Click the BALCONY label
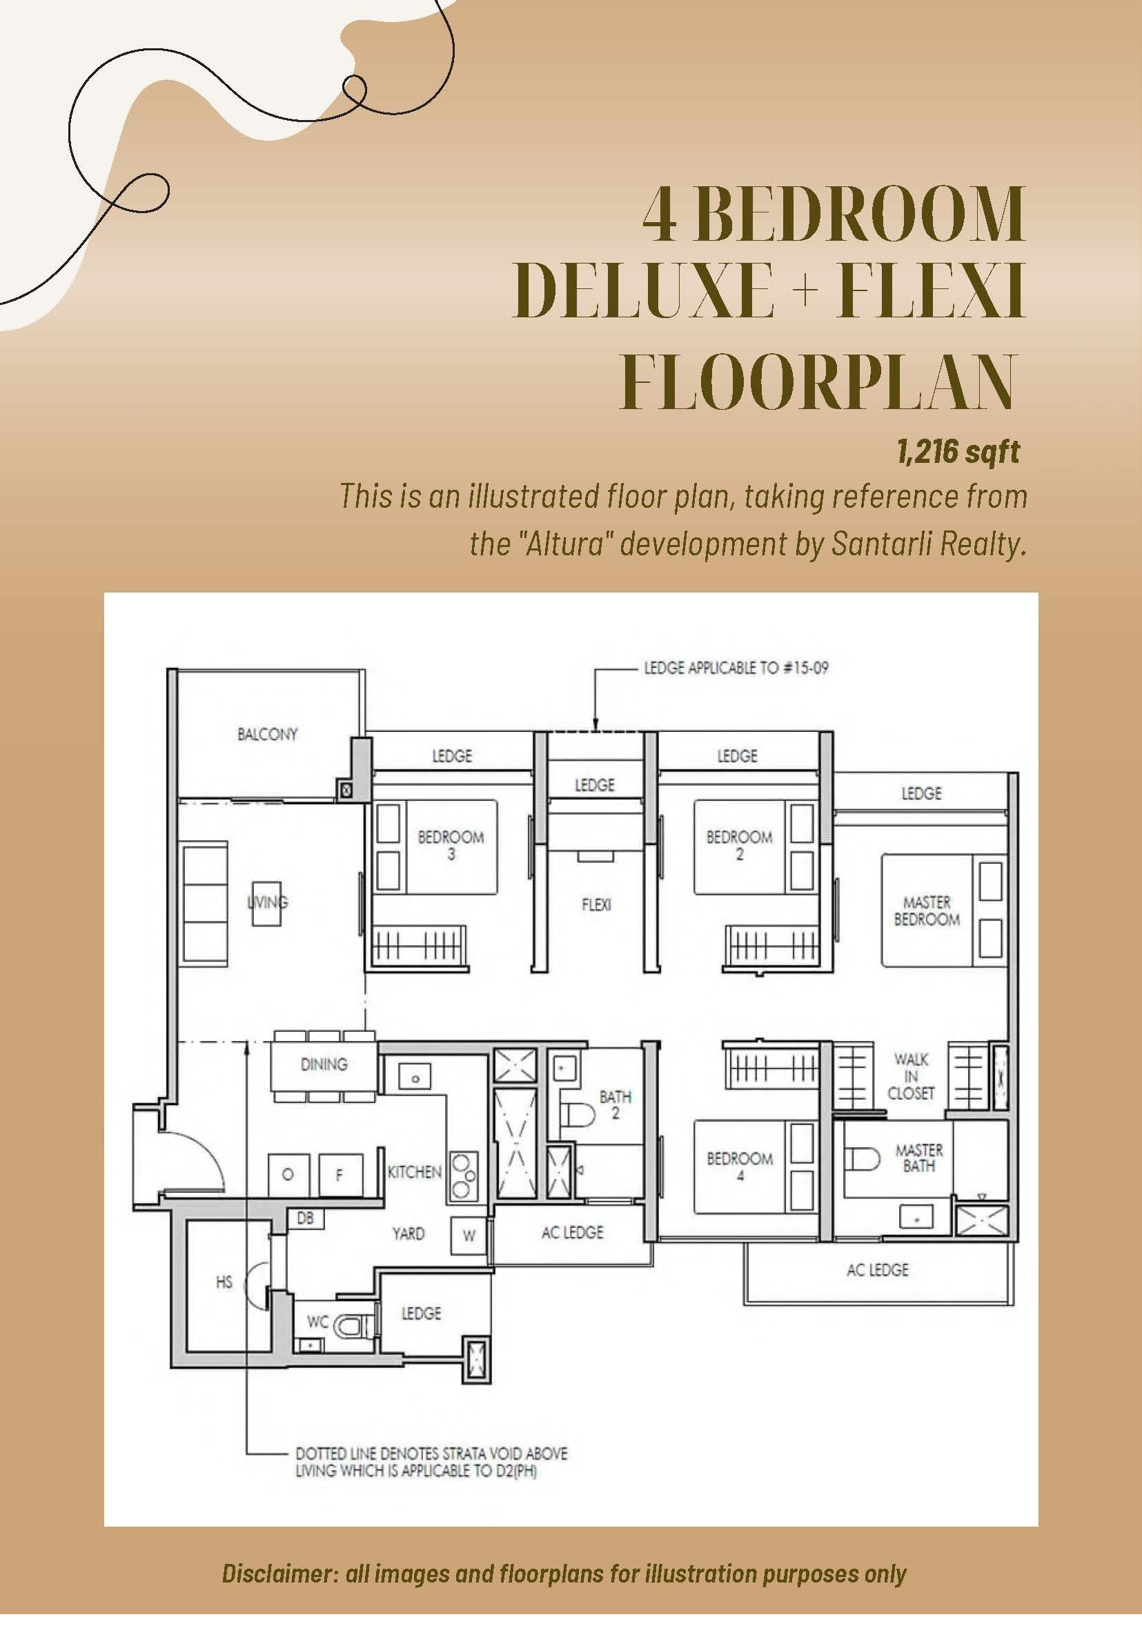[268, 734]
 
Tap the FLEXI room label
[596, 905]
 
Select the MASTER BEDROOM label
[927, 911]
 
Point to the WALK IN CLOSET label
[911, 1076]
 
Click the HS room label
[224, 1282]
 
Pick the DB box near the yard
[305, 1218]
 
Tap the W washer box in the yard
[469, 1236]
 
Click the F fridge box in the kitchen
[339, 1174]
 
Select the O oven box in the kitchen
[288, 1174]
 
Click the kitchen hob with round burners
[463, 1175]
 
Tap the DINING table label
[324, 1064]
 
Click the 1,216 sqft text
[958, 451]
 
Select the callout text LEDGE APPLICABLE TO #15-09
[736, 668]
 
